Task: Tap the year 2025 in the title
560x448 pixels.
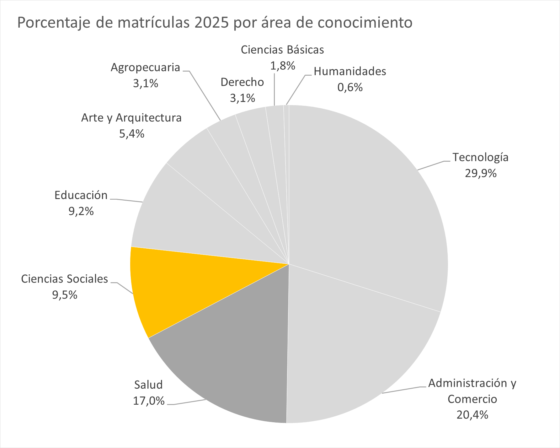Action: click(x=211, y=23)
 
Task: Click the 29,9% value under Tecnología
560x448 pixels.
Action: click(x=481, y=173)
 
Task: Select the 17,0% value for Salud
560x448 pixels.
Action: click(x=149, y=401)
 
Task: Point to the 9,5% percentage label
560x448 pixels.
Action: click(x=65, y=295)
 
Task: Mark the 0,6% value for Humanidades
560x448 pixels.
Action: click(x=350, y=87)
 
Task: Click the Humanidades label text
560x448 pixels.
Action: click(x=350, y=72)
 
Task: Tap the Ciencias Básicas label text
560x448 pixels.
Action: click(x=282, y=50)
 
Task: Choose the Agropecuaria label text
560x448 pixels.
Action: click(x=146, y=67)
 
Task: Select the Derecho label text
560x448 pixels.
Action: click(x=242, y=82)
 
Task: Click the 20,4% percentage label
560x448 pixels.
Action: click(x=472, y=415)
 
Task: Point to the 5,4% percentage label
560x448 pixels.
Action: click(x=132, y=134)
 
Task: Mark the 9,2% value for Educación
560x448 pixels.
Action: click(x=81, y=211)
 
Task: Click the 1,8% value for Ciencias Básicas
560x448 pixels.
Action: click(x=282, y=66)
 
